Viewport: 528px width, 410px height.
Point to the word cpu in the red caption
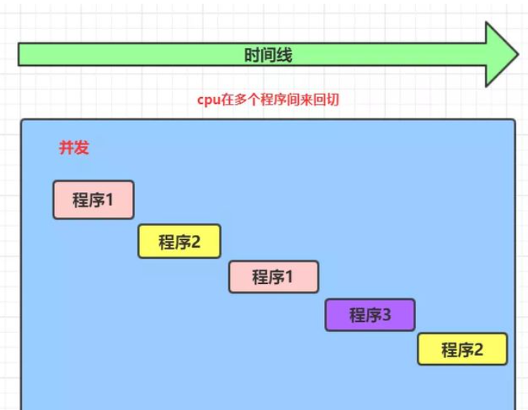(206, 100)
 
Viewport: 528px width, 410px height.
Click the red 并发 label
(73, 148)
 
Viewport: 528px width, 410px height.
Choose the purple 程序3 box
(369, 315)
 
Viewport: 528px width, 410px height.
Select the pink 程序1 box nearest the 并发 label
(93, 199)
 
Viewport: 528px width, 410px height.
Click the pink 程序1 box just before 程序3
(273, 277)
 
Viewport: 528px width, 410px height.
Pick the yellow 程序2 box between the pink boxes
(179, 241)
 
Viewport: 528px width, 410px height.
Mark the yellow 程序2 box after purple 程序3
(462, 349)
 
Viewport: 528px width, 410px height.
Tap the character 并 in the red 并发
(66, 148)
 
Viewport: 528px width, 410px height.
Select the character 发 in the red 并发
(81, 148)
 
